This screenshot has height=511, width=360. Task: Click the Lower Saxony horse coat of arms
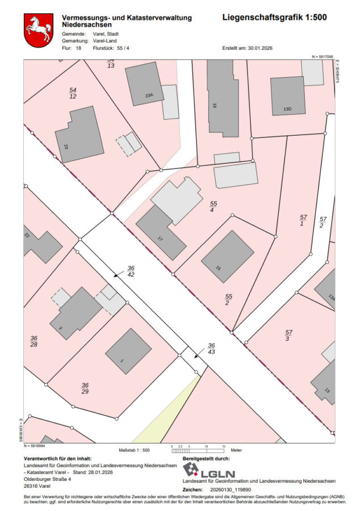[39, 31]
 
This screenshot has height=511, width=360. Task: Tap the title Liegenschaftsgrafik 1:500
[274, 18]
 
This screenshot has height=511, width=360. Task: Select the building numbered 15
[227, 256]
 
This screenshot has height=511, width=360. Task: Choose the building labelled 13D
[287, 96]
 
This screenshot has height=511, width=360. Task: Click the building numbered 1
[128, 351]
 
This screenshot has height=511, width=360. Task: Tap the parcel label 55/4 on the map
[214, 207]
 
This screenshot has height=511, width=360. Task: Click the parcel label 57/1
[303, 221]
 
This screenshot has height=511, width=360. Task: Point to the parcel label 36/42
[131, 271]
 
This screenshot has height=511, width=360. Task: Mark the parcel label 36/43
[211, 349]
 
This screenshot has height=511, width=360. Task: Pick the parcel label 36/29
[85, 388]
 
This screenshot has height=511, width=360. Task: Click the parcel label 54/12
[73, 93]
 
